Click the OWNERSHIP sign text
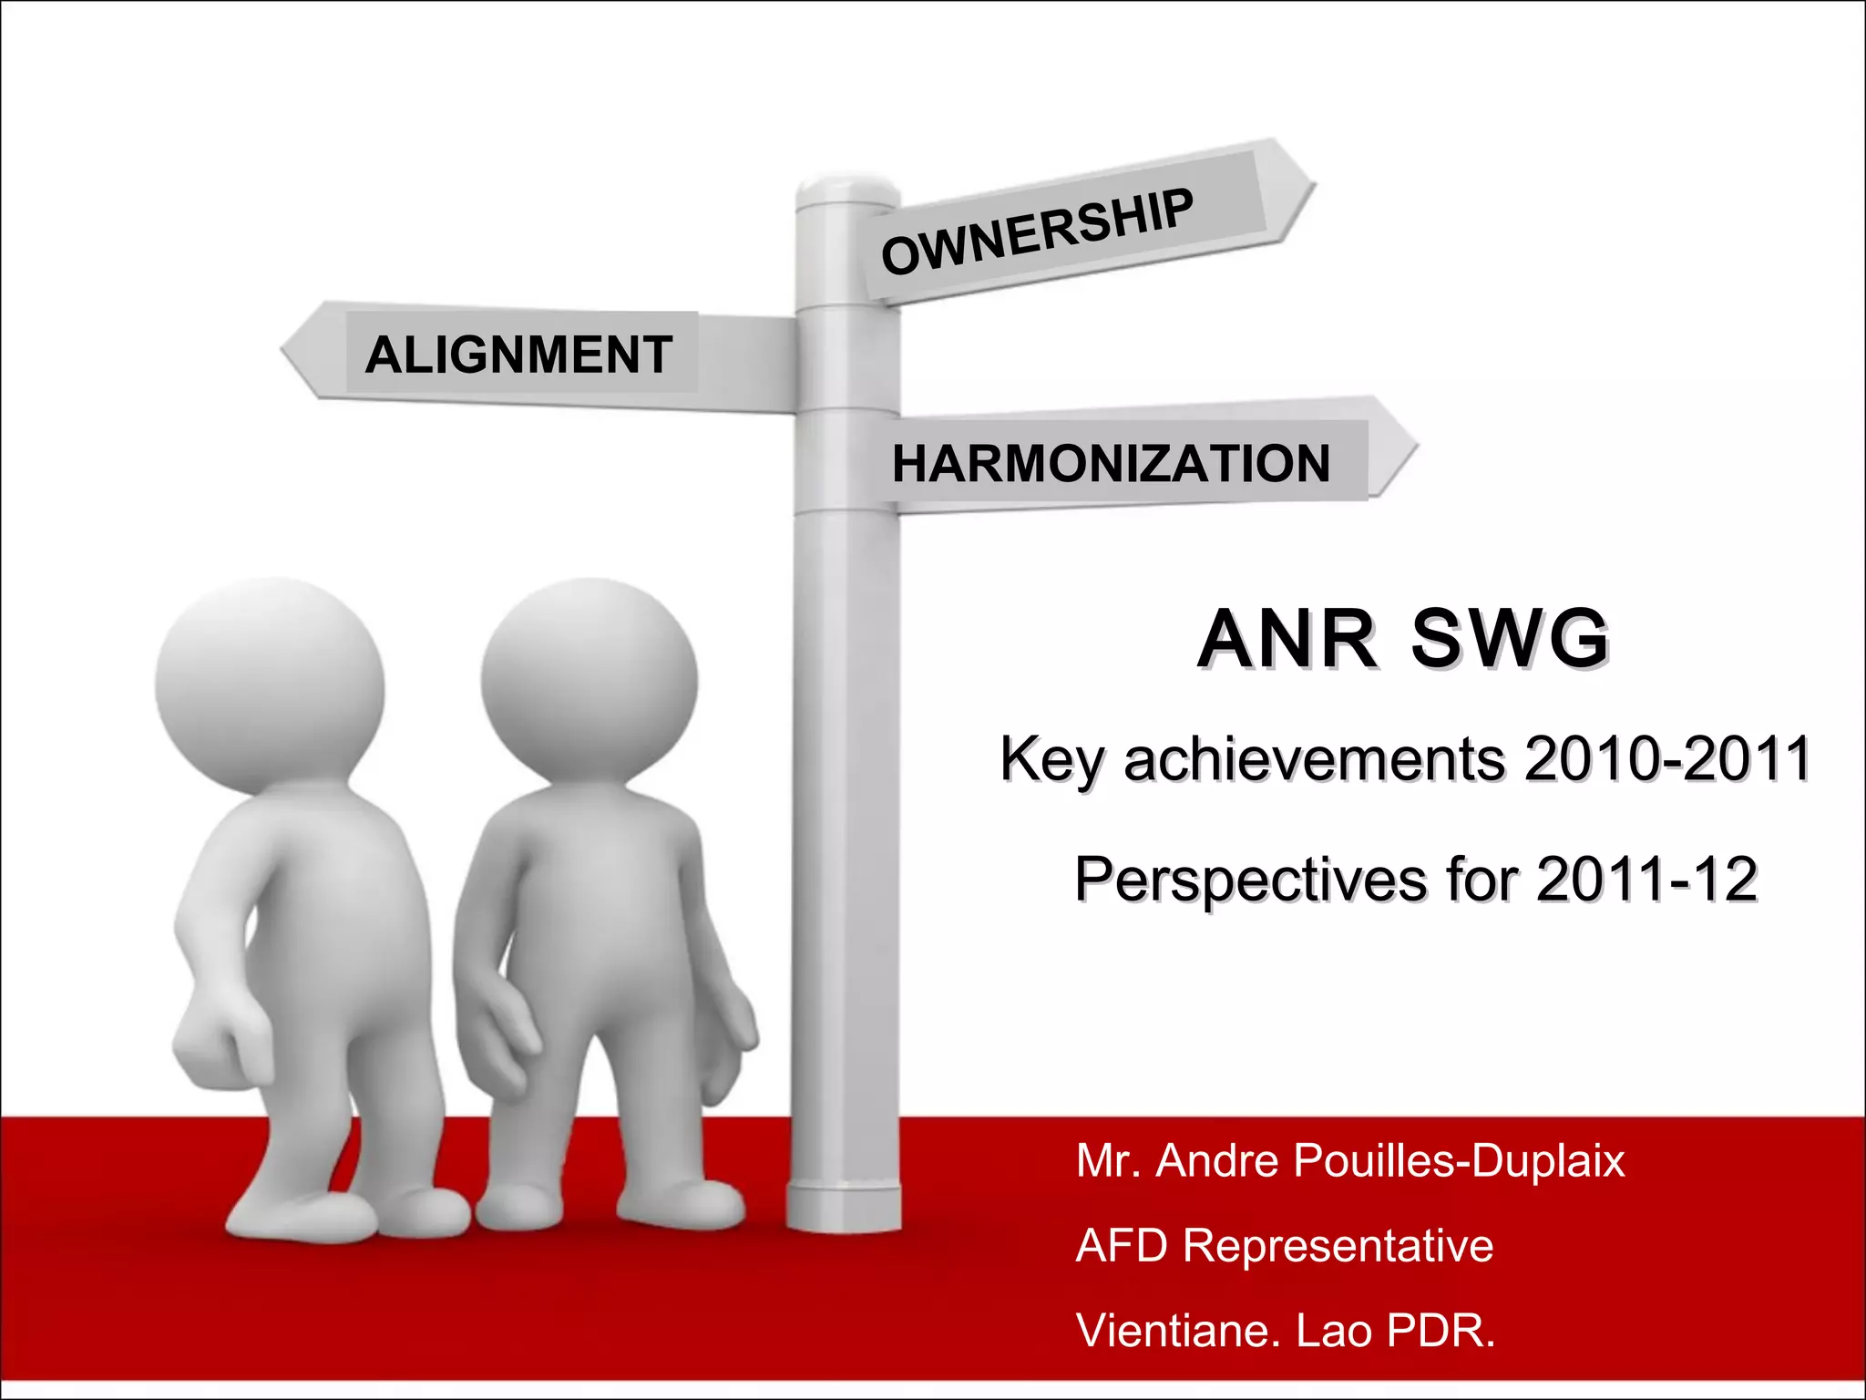click(1037, 232)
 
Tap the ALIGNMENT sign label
click(518, 355)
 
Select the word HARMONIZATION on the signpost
click(1111, 463)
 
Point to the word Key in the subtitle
click(1052, 759)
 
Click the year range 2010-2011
click(1666, 758)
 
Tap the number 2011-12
click(1646, 880)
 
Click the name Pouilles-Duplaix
click(1458, 1161)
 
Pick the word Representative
click(1338, 1245)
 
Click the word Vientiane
click(1172, 1330)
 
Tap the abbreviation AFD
click(1122, 1245)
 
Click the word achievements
click(1314, 759)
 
